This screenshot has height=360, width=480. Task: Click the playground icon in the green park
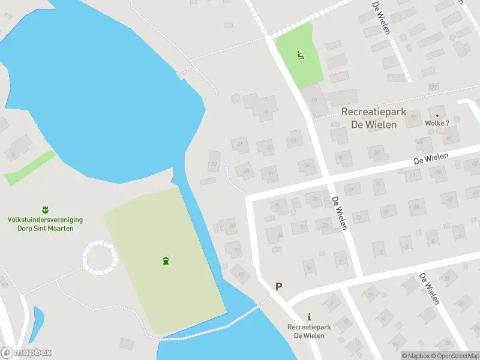300,56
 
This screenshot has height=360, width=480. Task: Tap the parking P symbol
278,287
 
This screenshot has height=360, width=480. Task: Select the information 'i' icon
309,317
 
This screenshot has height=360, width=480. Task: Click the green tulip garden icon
45,209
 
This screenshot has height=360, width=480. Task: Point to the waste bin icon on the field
166,260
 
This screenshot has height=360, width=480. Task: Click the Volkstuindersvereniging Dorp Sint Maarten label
45,224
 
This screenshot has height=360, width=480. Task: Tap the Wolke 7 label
437,123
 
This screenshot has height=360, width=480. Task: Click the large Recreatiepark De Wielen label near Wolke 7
373,118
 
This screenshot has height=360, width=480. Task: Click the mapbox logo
26,353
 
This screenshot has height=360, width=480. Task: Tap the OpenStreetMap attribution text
454,356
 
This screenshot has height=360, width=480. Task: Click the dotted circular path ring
100,258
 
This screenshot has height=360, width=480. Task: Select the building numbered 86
314,100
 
